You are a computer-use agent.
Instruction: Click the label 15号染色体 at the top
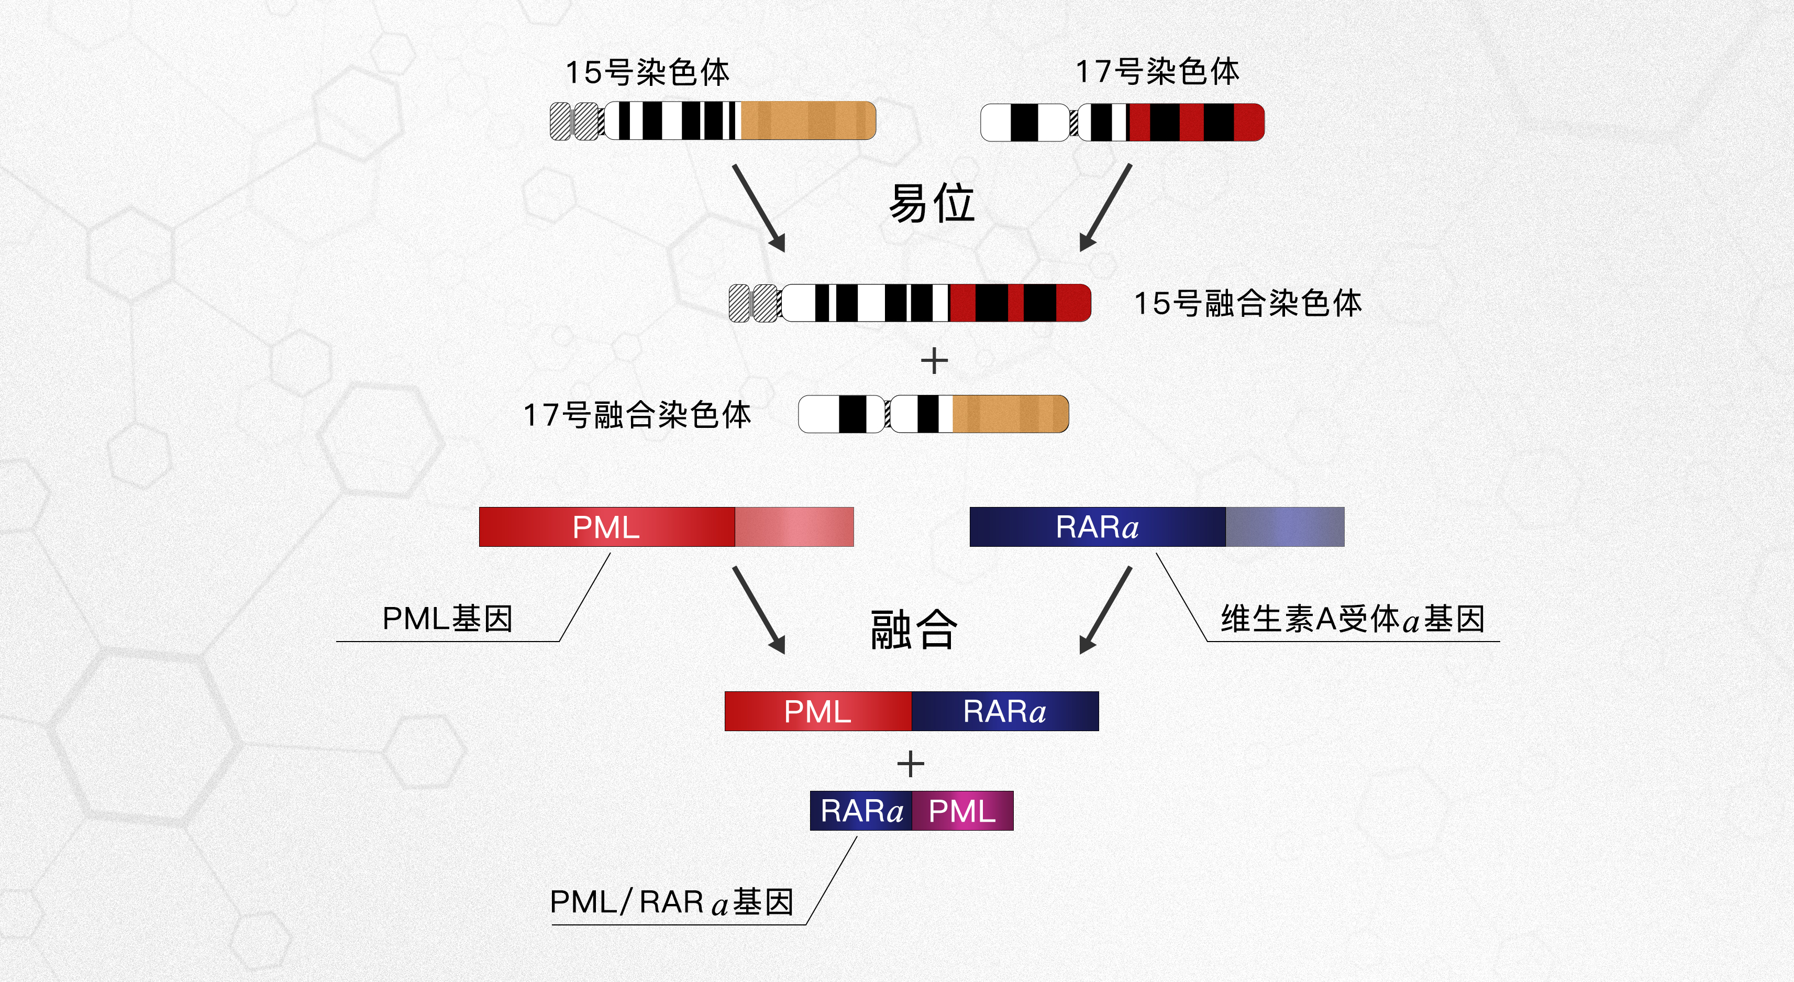647,72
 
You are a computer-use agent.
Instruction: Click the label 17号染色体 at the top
1157,72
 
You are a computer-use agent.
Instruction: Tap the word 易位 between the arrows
932,203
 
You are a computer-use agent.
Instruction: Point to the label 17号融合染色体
637,415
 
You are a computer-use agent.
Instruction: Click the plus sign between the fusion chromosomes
934,361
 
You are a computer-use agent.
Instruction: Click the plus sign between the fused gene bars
910,764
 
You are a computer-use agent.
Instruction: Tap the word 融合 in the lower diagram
914,630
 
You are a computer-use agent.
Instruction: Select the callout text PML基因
448,619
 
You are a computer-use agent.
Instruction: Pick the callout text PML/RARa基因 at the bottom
672,902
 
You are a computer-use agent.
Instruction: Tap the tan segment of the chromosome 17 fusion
1009,414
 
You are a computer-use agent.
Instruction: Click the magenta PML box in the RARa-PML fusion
962,811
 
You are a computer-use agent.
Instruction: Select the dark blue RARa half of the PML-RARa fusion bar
1005,711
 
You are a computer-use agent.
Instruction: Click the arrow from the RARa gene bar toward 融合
1105,610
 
